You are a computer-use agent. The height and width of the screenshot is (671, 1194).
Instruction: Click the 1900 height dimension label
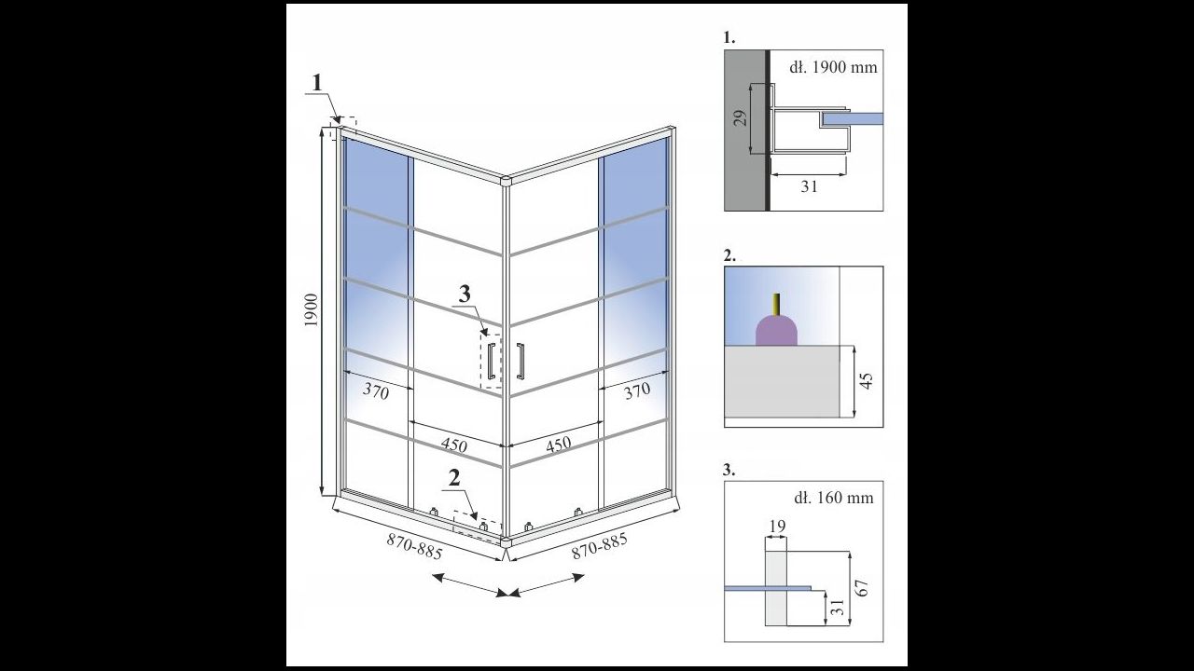pyautogui.click(x=312, y=310)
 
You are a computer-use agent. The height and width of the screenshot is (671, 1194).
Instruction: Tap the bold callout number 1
pyautogui.click(x=317, y=83)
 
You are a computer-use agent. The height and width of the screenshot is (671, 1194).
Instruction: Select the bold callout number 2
pyautogui.click(x=454, y=478)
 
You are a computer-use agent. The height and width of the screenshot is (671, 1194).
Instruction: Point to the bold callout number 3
pyautogui.click(x=465, y=294)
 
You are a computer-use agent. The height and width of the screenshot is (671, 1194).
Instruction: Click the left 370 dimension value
pyautogui.click(x=376, y=391)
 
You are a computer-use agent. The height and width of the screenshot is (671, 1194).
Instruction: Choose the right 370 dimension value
pyautogui.click(x=637, y=390)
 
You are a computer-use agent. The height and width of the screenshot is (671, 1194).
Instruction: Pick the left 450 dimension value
pyautogui.click(x=453, y=445)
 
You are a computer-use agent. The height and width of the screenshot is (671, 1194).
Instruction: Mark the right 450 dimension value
pyautogui.click(x=558, y=444)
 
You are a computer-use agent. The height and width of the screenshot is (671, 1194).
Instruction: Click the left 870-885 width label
pyautogui.click(x=415, y=547)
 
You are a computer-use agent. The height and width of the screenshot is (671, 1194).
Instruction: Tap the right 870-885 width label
pyautogui.click(x=600, y=546)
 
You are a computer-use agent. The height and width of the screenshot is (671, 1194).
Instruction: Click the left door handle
pyautogui.click(x=492, y=362)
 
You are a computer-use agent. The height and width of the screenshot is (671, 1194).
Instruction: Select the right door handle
pyautogui.click(x=521, y=362)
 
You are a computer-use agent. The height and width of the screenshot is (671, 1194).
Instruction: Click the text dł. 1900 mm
pyautogui.click(x=833, y=68)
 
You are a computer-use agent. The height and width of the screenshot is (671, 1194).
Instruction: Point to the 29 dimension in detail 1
pyautogui.click(x=740, y=118)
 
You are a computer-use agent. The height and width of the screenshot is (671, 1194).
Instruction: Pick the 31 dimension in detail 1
pyautogui.click(x=809, y=186)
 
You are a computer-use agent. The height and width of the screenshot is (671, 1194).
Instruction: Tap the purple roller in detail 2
pyautogui.click(x=777, y=330)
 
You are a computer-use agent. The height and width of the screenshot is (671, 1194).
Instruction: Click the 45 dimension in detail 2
pyautogui.click(x=867, y=381)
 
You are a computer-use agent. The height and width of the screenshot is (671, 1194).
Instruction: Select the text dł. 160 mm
pyautogui.click(x=834, y=498)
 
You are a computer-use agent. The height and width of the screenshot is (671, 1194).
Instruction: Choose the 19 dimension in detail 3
pyautogui.click(x=778, y=527)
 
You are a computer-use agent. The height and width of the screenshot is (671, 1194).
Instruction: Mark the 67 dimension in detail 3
pyautogui.click(x=864, y=588)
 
